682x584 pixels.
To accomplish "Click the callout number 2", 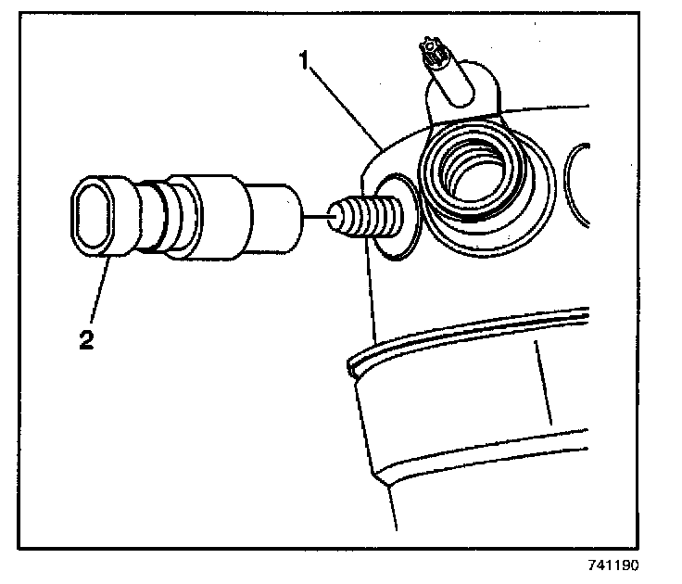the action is (85, 340).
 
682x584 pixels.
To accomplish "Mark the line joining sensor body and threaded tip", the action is (318, 216).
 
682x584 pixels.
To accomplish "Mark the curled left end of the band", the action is (350, 367).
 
